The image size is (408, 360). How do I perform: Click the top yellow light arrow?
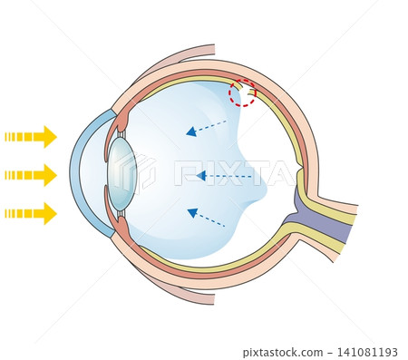tap(31, 137)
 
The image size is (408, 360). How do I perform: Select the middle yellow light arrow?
tap(31, 175)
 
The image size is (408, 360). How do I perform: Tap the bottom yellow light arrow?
tap(31, 214)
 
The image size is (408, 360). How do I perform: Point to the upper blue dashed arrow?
tap(206, 128)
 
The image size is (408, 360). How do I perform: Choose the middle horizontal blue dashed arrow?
tap(224, 176)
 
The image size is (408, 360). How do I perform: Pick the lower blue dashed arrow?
tap(206, 217)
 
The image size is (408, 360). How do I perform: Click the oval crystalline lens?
tap(122, 174)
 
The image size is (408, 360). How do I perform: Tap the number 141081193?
tap(367, 353)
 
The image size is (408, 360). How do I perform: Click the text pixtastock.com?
tap(283, 353)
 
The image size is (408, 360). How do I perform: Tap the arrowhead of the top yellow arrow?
tap(50, 137)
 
